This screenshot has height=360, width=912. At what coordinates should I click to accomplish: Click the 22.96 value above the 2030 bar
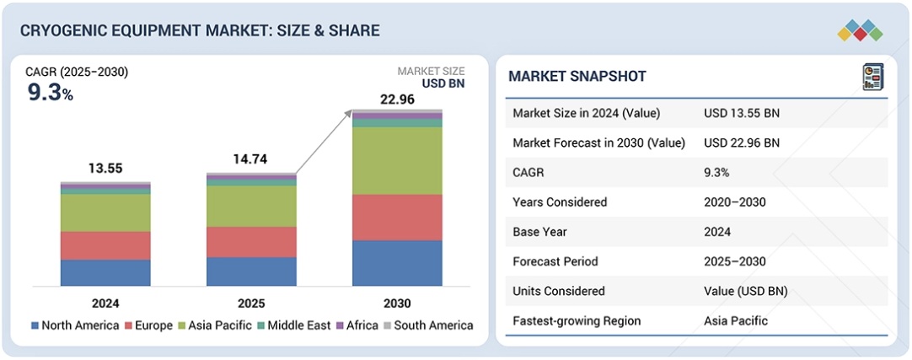397,99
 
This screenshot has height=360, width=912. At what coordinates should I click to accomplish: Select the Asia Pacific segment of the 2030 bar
397,160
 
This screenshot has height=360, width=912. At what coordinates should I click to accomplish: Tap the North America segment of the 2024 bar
105,272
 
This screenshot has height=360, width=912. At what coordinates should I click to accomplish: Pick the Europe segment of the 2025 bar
251,241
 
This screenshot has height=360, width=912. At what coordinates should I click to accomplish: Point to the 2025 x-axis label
251,304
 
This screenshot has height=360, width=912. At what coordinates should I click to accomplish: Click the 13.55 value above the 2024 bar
105,169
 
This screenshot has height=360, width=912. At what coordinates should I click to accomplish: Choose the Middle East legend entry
295,325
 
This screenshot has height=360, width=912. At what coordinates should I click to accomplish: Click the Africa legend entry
359,325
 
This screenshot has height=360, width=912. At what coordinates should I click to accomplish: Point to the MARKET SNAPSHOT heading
577,77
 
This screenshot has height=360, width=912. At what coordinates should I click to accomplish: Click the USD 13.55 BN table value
743,113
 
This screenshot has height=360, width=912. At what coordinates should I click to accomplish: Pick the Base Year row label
541,232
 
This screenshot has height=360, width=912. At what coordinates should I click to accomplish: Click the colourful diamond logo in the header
860,31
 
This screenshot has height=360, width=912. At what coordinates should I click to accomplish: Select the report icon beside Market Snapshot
871,77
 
